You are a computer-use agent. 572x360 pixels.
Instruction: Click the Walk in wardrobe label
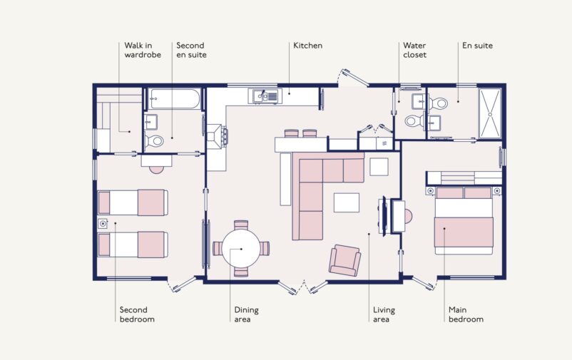point(143,50)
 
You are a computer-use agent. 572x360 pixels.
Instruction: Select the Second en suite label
point(191,50)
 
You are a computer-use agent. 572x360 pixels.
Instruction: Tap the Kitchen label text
point(308,46)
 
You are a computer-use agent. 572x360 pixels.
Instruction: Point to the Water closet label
point(415,50)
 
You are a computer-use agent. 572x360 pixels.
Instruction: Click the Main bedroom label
point(466,314)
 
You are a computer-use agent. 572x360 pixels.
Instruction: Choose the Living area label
point(384,314)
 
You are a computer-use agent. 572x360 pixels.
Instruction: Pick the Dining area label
point(246,314)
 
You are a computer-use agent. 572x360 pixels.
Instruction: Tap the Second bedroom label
point(137,314)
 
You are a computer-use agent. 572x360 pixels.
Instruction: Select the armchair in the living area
point(345,260)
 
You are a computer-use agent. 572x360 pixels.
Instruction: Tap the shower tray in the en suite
point(490,113)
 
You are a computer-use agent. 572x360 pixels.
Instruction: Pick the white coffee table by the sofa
point(347,202)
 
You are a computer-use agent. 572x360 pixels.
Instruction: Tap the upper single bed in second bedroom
point(133,202)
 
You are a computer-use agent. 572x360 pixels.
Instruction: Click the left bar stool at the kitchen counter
point(291,133)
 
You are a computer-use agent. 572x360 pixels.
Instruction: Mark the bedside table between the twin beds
point(103,223)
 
